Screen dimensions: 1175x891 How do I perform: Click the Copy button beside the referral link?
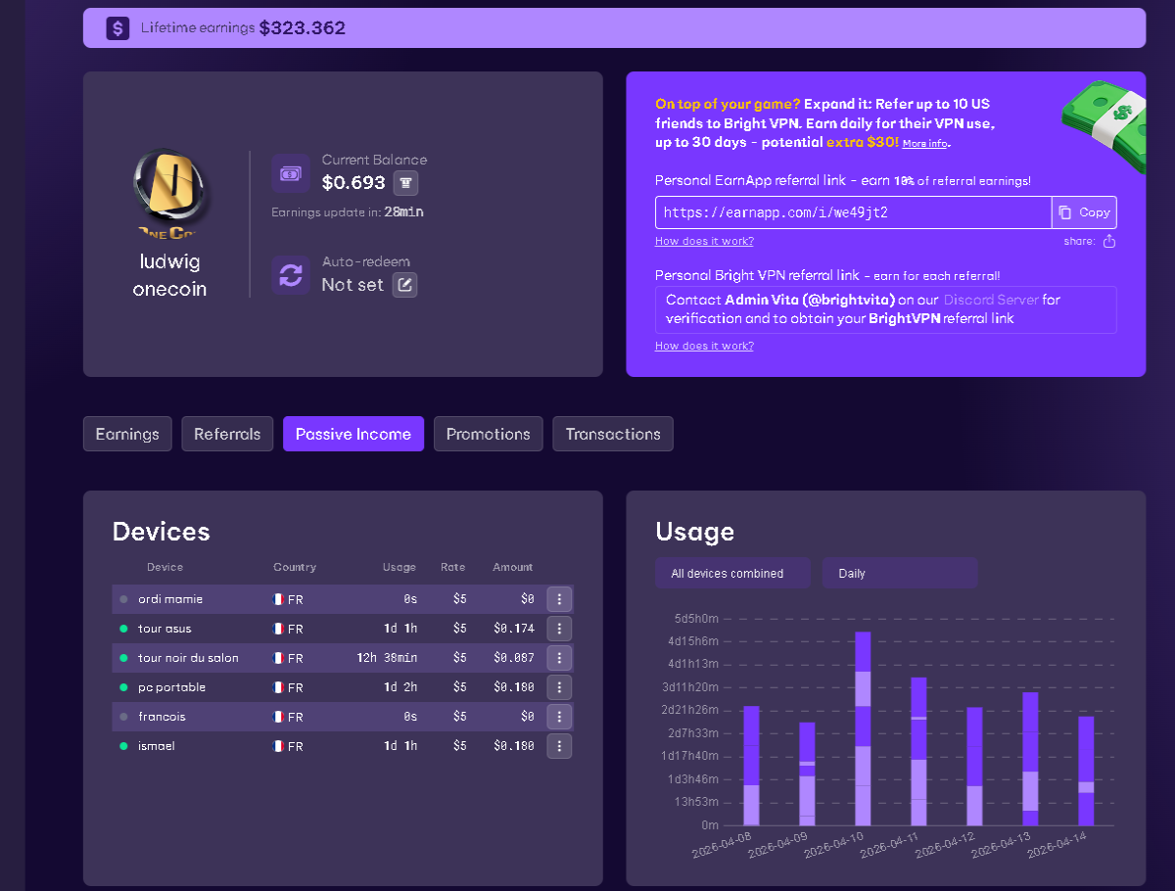[x=1084, y=212]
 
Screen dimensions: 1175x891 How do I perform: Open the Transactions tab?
[x=613, y=434]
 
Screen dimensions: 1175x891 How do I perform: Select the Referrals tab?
[x=227, y=434]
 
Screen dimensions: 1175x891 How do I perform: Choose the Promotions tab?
[x=489, y=434]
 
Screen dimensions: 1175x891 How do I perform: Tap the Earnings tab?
[x=127, y=434]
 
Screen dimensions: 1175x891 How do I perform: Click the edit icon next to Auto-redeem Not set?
[x=404, y=285]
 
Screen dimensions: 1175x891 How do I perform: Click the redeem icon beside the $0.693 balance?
[x=405, y=183]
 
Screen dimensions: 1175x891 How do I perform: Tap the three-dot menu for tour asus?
[x=559, y=629]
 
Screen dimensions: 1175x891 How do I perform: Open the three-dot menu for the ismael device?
[x=559, y=746]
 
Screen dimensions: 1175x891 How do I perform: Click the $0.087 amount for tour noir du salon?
[x=514, y=658]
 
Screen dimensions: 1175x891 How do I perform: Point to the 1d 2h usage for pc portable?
[x=400, y=687]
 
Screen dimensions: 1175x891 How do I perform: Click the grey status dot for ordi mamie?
[x=123, y=599]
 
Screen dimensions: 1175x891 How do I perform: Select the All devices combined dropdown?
[x=732, y=573]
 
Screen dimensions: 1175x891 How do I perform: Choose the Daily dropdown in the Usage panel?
[x=900, y=573]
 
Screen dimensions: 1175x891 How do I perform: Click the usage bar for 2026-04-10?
[x=863, y=728]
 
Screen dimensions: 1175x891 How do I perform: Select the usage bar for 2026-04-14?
[x=1086, y=771]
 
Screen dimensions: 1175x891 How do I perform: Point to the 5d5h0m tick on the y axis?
[x=696, y=619]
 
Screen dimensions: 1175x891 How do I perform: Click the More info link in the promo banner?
[x=925, y=143]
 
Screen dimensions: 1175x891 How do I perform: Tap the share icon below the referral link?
[x=1109, y=241]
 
